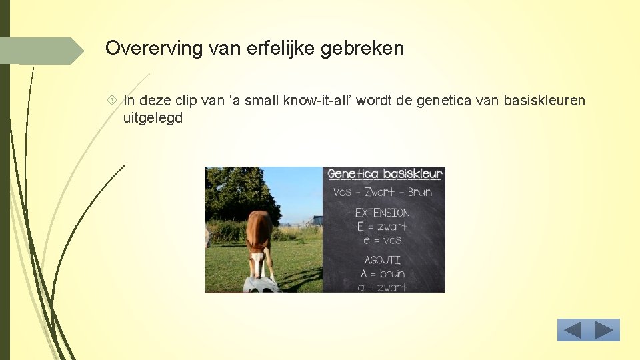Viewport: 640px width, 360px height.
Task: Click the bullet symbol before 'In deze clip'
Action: point(111,101)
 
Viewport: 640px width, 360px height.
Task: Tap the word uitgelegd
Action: point(153,119)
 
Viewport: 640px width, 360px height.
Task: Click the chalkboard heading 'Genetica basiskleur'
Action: point(385,175)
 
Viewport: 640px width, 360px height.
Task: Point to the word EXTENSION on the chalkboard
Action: point(382,213)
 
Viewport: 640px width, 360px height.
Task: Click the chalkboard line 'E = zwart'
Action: point(382,227)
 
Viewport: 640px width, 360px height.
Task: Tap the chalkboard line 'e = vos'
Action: point(383,240)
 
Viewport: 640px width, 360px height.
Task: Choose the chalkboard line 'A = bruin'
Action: point(383,274)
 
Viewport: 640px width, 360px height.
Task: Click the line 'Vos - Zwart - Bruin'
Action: point(383,192)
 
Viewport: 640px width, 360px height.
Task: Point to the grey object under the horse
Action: point(259,285)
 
